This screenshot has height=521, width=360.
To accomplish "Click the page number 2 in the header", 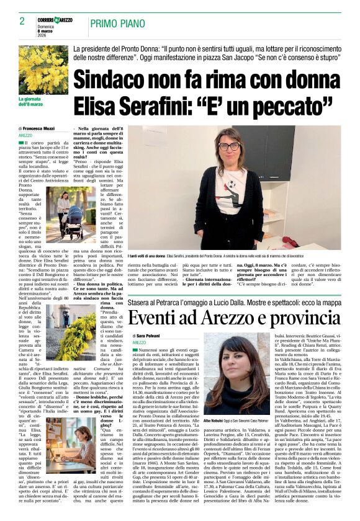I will point(22,22).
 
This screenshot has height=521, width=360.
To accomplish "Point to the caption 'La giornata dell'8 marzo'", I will point(32,101).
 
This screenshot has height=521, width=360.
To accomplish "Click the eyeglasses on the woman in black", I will point(228,146).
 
